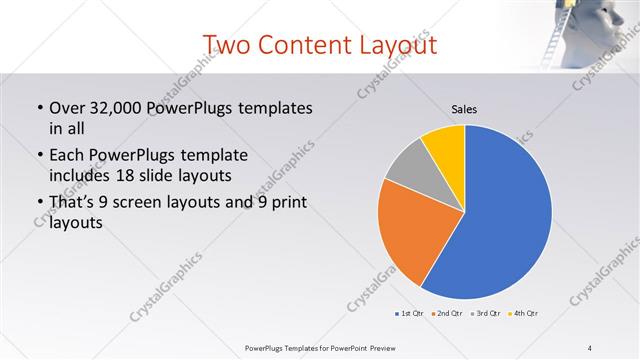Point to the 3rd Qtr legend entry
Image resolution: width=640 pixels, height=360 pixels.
pos(485,314)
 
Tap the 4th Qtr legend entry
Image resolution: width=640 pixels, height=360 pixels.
pos(523,314)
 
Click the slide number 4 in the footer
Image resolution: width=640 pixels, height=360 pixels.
pos(590,347)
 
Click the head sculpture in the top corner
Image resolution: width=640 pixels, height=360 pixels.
pos(605,30)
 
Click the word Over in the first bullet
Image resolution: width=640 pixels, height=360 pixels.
pos(67,107)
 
